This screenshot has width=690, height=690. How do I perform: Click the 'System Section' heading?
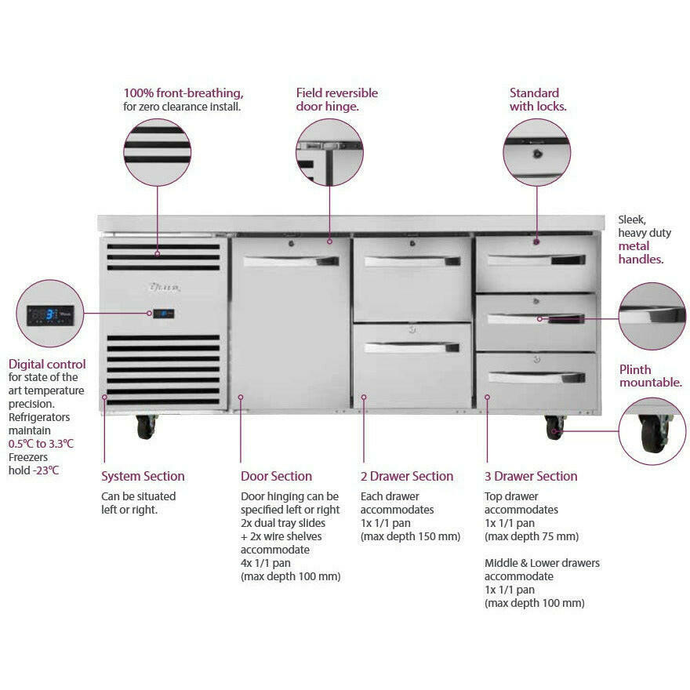[143, 476]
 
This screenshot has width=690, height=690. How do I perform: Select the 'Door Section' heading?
[276, 476]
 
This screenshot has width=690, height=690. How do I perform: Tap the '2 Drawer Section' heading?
[406, 476]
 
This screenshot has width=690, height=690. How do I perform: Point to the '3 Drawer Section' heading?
[531, 476]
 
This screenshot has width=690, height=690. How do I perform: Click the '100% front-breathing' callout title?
[183, 93]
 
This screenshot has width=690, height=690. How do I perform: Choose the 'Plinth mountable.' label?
[650, 376]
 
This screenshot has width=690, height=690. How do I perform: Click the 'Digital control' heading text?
[47, 364]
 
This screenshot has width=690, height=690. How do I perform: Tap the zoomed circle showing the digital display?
[50, 314]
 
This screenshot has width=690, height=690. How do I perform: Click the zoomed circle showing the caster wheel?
[652, 431]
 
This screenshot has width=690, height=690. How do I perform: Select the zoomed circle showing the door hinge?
[329, 152]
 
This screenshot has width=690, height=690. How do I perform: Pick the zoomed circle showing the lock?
[536, 152]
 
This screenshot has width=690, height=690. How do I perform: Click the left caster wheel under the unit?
[146, 427]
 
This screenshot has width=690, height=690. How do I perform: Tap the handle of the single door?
[291, 261]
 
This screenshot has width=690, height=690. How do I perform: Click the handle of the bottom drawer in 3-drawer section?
[536, 377]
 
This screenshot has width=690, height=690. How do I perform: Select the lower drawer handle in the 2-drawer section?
[412, 347]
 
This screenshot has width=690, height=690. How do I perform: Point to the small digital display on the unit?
[163, 314]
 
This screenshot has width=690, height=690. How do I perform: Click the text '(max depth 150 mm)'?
[410, 536]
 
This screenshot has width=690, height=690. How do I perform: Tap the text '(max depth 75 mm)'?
[531, 536]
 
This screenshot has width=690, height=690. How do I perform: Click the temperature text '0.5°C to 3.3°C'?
[41, 443]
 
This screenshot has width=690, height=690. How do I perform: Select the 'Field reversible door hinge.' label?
[336, 99]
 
